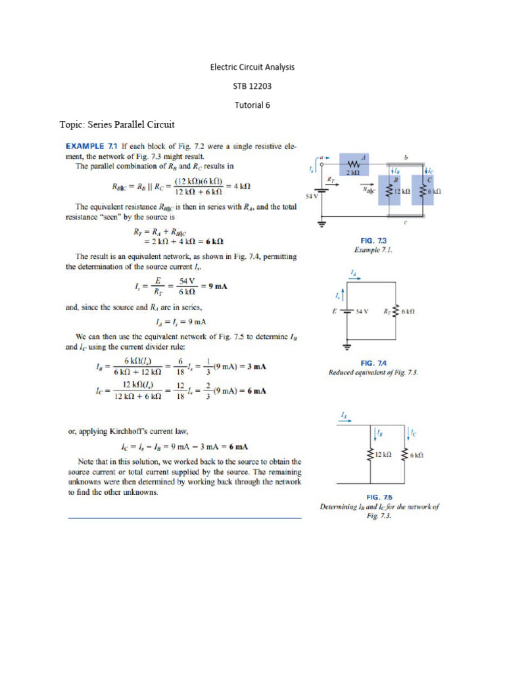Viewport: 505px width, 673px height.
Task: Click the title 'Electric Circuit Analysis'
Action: pos(252,67)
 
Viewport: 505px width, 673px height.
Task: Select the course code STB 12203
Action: pos(252,86)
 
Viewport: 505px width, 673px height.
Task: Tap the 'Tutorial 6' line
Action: pos(252,104)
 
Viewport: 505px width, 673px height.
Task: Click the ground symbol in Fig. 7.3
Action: pos(323,224)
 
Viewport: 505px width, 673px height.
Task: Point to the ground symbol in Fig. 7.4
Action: pos(347,344)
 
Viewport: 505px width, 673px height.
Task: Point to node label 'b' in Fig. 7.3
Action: pos(406,158)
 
